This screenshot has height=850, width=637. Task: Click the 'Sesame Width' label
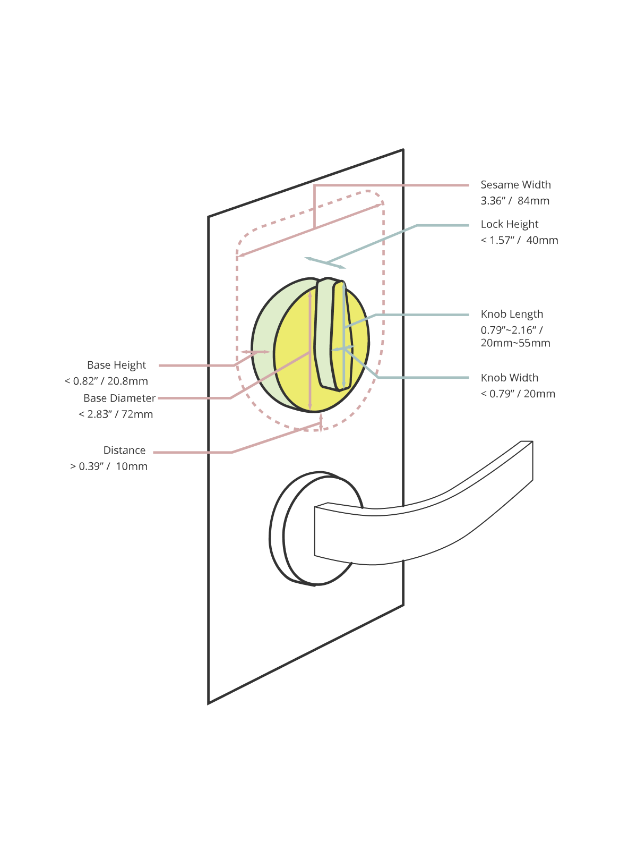[515, 185]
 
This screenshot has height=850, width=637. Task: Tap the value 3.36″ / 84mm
[515, 201]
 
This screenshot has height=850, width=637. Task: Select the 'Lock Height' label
[510, 224]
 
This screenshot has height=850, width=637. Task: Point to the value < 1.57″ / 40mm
[519, 240]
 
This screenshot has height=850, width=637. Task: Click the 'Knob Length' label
[512, 314]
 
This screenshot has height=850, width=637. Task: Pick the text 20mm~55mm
[515, 343]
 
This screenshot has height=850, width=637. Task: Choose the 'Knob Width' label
[510, 378]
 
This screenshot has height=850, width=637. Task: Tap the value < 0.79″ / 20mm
[518, 394]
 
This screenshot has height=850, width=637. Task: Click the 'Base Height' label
[116, 365]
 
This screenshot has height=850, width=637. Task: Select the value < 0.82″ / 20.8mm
[106, 381]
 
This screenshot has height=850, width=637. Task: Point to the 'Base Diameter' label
[119, 398]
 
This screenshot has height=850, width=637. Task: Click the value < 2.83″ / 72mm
[116, 414]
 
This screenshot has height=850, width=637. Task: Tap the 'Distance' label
[124, 450]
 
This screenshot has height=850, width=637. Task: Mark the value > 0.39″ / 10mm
[109, 466]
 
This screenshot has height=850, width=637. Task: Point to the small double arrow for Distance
[321, 423]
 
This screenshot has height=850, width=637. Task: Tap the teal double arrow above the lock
[325, 262]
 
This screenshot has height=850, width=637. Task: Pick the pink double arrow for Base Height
[255, 352]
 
